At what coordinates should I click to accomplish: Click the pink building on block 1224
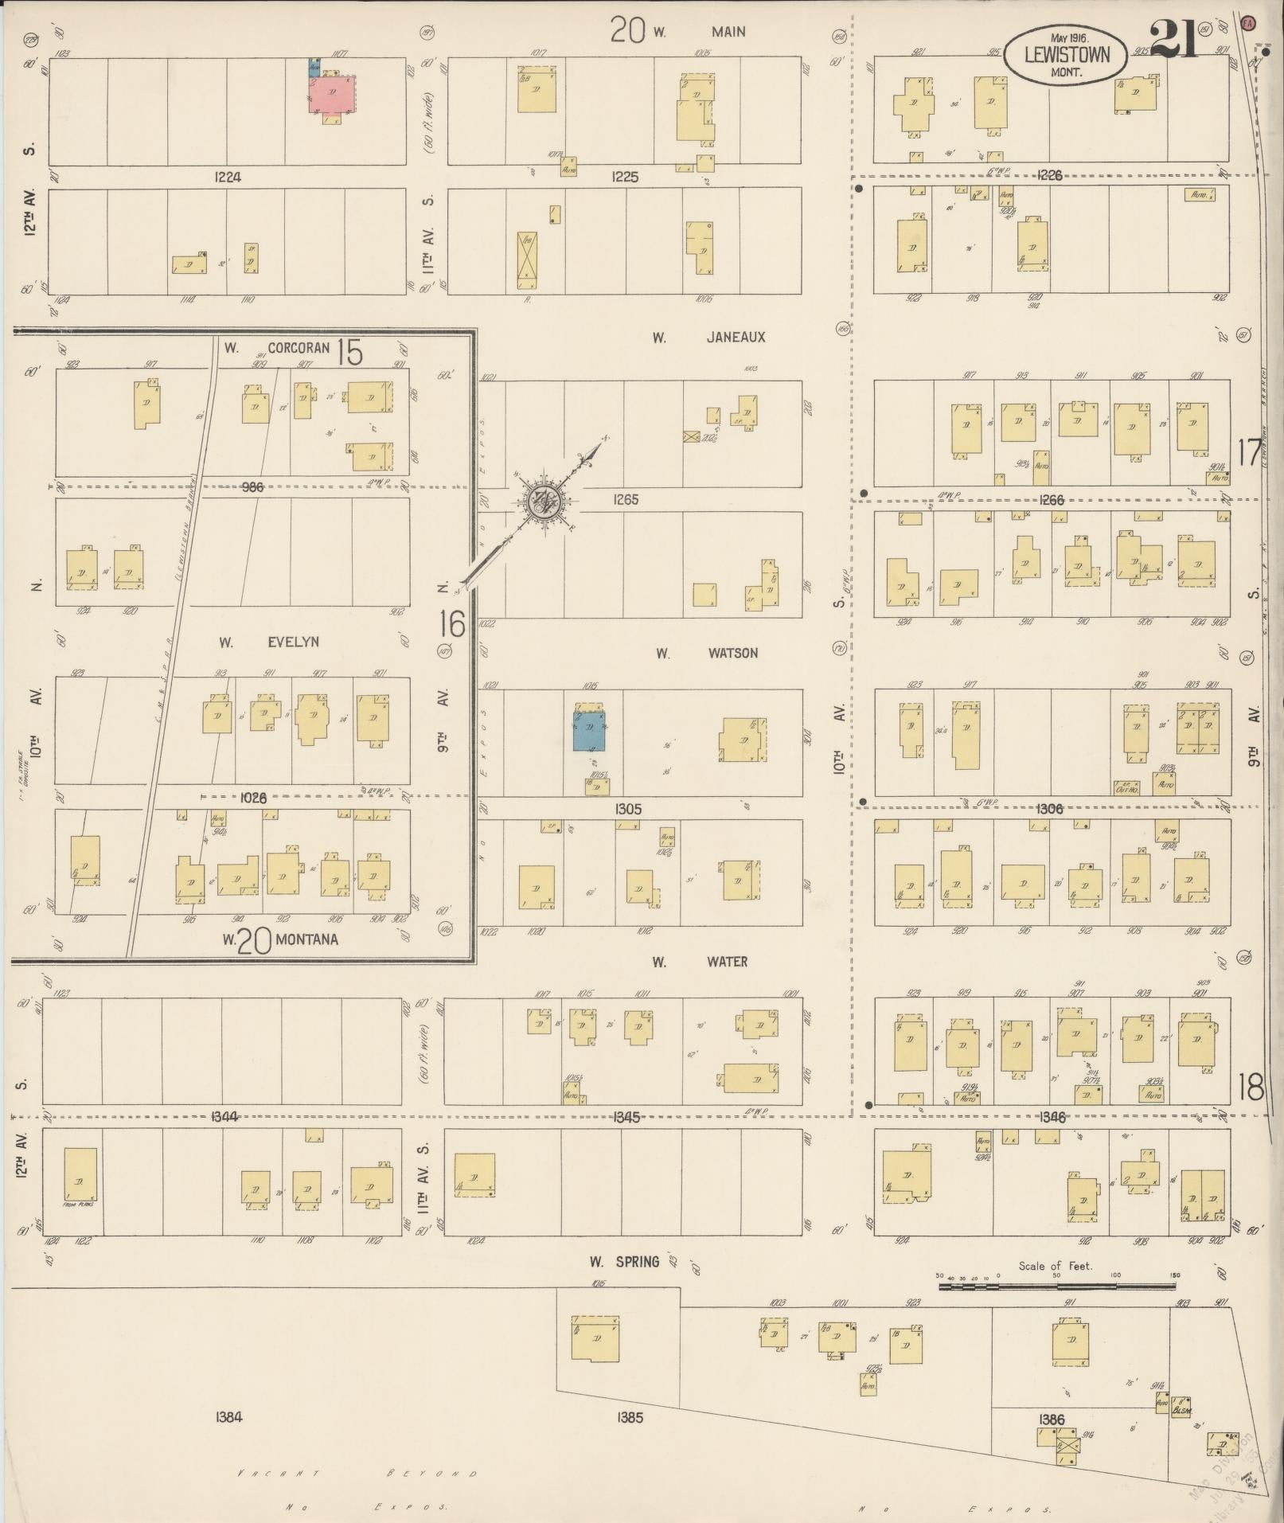[x=333, y=94]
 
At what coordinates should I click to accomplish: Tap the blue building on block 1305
[x=589, y=731]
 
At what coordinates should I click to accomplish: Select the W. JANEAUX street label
[x=708, y=338]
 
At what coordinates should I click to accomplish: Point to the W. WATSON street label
[x=706, y=654]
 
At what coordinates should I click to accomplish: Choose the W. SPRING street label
[x=624, y=1262]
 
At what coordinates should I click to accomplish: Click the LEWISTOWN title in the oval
[x=1064, y=55]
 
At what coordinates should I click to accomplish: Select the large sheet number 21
[x=1173, y=40]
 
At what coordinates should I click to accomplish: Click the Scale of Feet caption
[x=1056, y=1266]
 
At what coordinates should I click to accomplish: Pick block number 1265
[x=626, y=500]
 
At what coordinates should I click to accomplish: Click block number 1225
[x=625, y=177]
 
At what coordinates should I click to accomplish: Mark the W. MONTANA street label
[x=280, y=940]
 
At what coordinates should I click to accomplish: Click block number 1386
[x=1052, y=1420]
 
